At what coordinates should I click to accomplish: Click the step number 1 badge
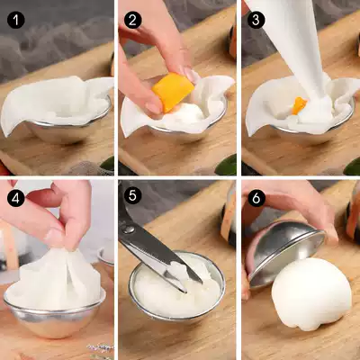click(x=16, y=20)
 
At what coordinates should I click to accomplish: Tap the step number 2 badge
click(x=132, y=20)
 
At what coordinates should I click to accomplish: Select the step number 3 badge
click(x=256, y=20)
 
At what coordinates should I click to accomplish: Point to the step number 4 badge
click(x=16, y=198)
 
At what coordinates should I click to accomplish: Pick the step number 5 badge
click(x=132, y=195)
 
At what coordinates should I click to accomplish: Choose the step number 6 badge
click(x=256, y=198)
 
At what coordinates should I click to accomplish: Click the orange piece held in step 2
click(x=173, y=91)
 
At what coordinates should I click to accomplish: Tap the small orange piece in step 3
click(x=299, y=105)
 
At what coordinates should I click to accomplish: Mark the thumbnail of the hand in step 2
click(x=154, y=107)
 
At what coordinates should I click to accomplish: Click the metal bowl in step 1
click(x=69, y=128)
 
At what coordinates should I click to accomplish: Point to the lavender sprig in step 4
click(x=101, y=349)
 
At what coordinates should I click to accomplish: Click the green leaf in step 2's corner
click(x=227, y=166)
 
